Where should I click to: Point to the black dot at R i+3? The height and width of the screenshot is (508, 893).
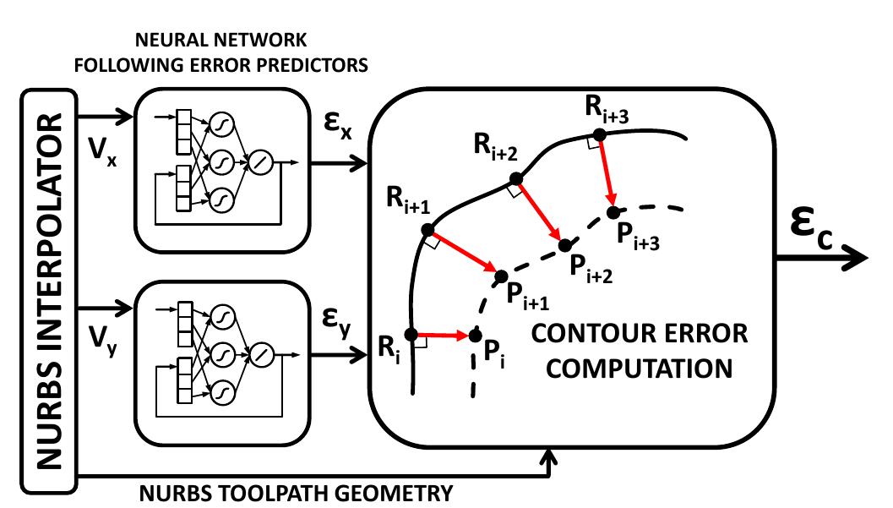598,134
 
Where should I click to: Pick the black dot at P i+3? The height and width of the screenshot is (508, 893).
614,210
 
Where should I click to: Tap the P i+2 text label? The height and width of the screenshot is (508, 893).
590,269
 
